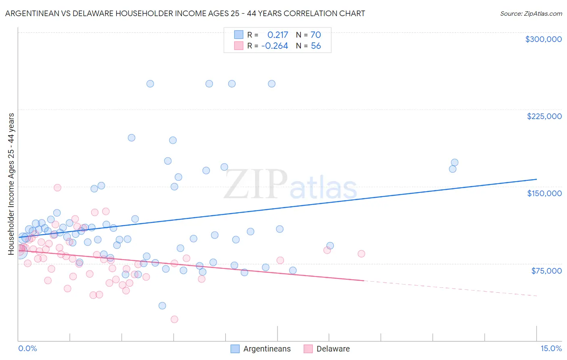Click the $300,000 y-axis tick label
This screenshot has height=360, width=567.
[543, 39]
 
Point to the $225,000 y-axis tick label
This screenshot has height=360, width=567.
[544, 116]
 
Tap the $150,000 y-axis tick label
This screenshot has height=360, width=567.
[544, 193]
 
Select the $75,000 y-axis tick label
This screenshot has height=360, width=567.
[546, 270]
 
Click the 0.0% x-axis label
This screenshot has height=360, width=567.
[27, 348]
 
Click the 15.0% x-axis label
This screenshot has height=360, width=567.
[551, 348]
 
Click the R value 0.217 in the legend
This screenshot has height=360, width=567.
[277, 35]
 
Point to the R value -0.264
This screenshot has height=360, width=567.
[275, 46]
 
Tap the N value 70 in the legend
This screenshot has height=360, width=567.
[315, 35]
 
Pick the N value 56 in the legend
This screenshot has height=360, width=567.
[316, 46]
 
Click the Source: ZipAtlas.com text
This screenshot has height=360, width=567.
[531, 14]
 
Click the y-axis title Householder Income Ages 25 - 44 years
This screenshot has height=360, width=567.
[11, 184]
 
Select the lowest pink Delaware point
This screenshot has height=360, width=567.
[174, 319]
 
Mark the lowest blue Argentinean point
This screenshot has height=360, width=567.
[162, 306]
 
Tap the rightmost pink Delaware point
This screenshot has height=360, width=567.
[361, 254]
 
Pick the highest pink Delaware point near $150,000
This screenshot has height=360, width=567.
[57, 188]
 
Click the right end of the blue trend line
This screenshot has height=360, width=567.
[536, 179]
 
